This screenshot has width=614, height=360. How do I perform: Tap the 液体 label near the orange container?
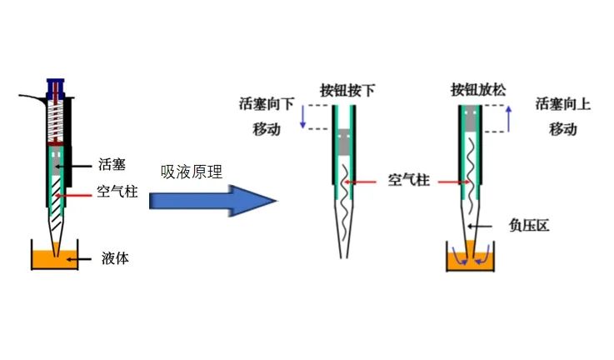[x=117, y=259]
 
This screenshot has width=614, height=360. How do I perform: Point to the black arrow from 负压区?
[x=492, y=225]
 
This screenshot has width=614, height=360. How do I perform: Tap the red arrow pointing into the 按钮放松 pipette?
[x=453, y=181]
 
